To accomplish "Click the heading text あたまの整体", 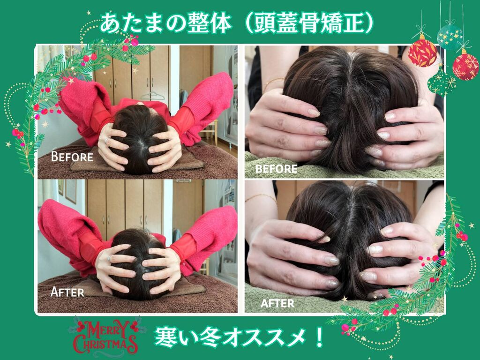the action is click(165, 23).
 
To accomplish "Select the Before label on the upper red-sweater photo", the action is click(72, 157).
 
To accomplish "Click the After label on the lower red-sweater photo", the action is click(67, 292).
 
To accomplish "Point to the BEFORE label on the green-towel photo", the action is click(276, 169).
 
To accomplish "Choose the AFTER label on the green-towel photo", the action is click(277, 303).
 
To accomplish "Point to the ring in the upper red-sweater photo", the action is click(107, 141).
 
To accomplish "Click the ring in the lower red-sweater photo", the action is click(109, 258).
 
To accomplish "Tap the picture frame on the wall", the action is click(71, 191).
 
